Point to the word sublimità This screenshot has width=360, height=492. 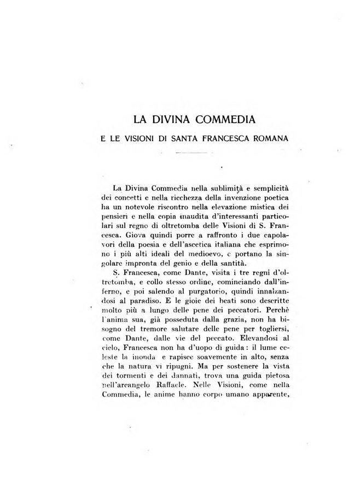210,188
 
